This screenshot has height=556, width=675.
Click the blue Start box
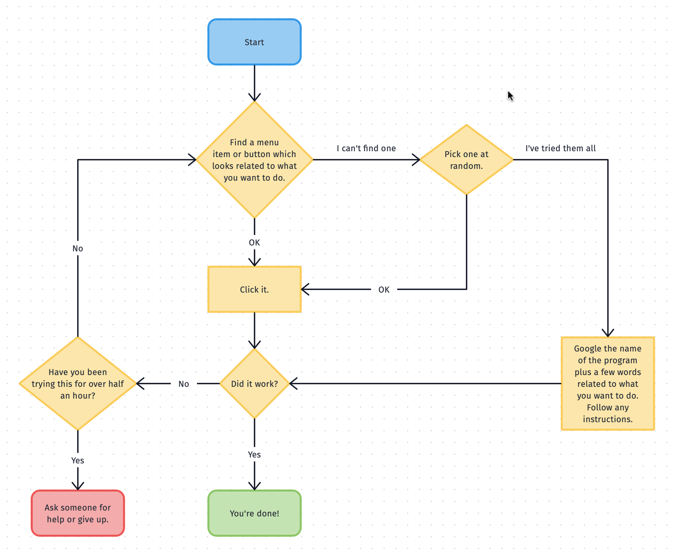[254, 42]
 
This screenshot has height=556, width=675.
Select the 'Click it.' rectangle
[254, 289]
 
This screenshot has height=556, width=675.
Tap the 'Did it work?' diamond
[254, 383]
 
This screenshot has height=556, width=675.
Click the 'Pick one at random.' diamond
[466, 160]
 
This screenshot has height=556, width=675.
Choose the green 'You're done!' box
[254, 513]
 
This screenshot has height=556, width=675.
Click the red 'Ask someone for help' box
[78, 513]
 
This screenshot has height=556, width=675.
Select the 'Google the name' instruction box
[607, 383]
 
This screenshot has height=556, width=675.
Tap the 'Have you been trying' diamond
[78, 383]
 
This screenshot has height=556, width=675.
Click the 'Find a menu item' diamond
[254, 160]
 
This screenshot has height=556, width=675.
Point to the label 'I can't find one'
[366, 148]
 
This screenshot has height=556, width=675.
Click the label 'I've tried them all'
[560, 148]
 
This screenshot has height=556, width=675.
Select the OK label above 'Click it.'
[254, 243]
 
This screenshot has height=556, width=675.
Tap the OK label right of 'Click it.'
[384, 289]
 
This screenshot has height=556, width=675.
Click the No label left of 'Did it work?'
[184, 384]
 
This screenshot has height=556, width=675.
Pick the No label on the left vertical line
[78, 248]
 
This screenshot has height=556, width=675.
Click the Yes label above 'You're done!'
[254, 454]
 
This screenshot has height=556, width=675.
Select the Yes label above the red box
[78, 460]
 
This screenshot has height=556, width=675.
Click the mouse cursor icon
[510, 96]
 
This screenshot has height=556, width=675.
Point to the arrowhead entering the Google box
[607, 333]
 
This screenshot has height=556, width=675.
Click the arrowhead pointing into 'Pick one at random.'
[416, 160]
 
